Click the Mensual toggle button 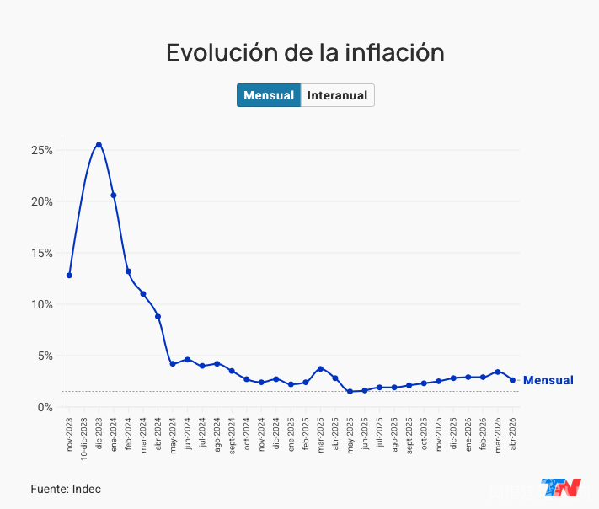click(269, 95)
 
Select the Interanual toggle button click(337, 95)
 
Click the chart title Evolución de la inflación click(305, 52)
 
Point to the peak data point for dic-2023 click(99, 145)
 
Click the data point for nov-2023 click(69, 275)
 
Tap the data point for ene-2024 click(114, 196)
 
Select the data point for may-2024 click(173, 364)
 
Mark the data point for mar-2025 click(320, 369)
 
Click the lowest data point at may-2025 click(350, 391)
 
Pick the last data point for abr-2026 click(512, 380)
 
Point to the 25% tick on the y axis click(57, 150)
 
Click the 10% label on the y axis click(41, 304)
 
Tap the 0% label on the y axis click(45, 407)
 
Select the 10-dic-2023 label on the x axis click(84, 438)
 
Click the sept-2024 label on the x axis click(232, 436)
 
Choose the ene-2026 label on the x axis click(468, 435)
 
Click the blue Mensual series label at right click(548, 380)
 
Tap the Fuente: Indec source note click(66, 489)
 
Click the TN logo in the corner click(561, 487)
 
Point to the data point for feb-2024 click(128, 271)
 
